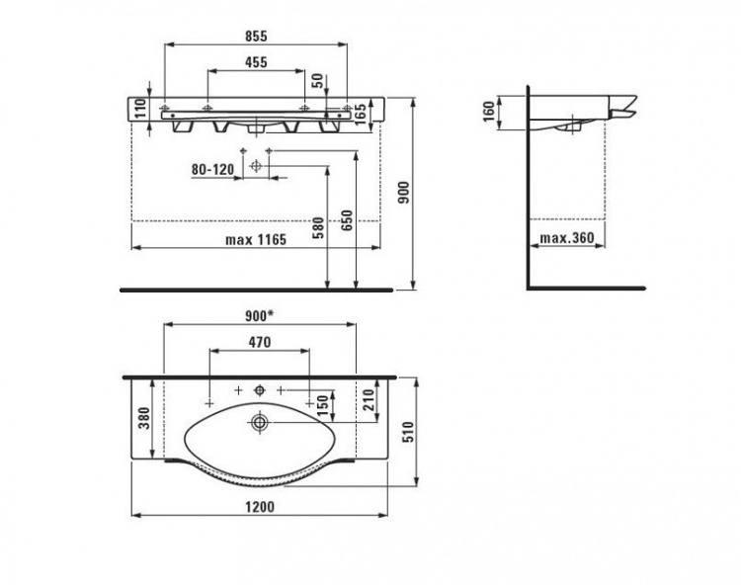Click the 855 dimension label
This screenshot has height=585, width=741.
256,36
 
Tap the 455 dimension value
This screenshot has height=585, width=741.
256,62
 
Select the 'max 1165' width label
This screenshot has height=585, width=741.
256,240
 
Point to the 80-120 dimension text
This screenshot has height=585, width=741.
212,169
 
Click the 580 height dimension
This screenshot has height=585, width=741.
319,227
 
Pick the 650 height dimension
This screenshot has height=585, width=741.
347,220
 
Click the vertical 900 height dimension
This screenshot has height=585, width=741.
404,193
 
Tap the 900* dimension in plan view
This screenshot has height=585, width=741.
259,316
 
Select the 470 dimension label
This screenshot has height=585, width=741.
260,342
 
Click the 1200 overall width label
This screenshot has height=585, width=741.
260,507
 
